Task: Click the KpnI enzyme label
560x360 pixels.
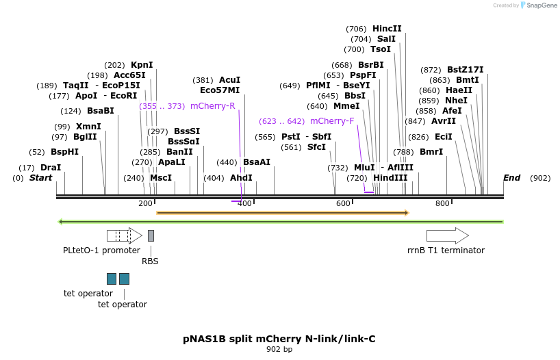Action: [142, 65]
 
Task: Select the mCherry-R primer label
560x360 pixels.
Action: [212, 106]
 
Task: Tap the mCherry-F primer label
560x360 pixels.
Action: [332, 121]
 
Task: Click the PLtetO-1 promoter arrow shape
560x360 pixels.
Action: [124, 235]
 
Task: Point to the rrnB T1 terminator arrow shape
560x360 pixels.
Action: [447, 235]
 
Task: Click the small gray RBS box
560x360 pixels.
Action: [151, 235]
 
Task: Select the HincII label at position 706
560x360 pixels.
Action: [387, 29]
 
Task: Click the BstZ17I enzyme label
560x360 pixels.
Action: [465, 70]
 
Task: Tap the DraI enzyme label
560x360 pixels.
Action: [51, 168]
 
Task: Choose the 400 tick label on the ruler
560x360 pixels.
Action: [244, 203]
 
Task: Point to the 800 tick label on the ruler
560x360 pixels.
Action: [442, 203]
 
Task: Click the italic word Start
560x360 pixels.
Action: [40, 178]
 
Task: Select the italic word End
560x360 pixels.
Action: [511, 178]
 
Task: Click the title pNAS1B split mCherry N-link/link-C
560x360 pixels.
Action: [279, 339]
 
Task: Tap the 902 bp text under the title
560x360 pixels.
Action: [279, 350]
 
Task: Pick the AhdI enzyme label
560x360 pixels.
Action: [241, 178]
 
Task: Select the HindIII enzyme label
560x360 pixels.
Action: [390, 178]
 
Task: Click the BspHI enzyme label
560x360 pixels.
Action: [64, 152]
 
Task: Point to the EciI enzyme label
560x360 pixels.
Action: [444, 137]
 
